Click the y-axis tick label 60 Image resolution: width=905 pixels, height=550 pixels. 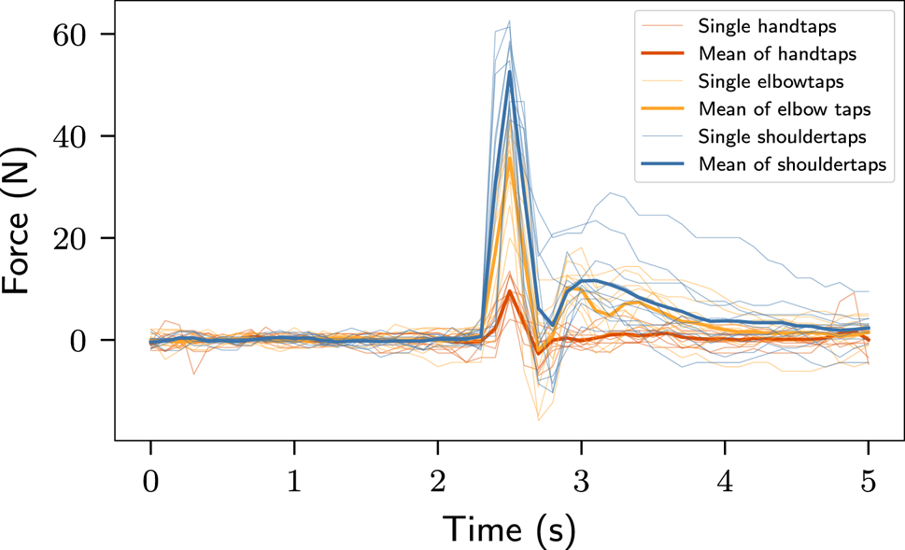point(68,35)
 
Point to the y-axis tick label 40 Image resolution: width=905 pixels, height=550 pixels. point(68,136)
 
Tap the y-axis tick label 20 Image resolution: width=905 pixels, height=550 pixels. point(68,238)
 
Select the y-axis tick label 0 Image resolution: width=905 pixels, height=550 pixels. point(78,341)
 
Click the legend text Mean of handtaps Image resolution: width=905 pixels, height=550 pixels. point(765,52)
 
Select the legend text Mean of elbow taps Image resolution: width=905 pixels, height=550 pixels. point(771,109)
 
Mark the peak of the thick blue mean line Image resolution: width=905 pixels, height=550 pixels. point(509,72)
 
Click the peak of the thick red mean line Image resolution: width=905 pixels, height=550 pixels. point(509,291)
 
